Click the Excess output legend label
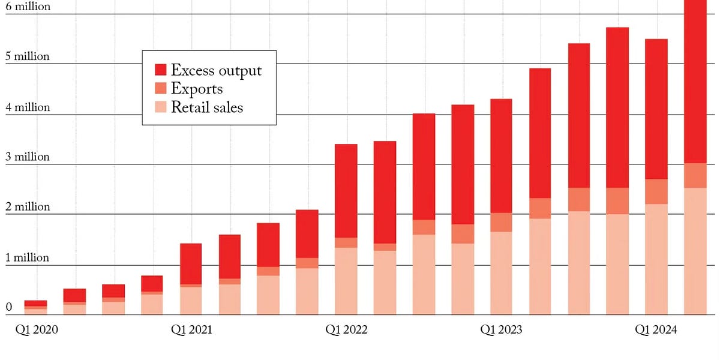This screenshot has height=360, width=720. coord(216,70)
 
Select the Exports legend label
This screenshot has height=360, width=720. coord(197,89)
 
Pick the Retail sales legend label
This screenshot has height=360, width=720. coord(207,107)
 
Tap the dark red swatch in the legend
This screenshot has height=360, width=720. coord(160,70)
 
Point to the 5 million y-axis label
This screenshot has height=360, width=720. coord(28,56)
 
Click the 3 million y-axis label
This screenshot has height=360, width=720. coord(28,157)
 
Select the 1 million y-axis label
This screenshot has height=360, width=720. coord(28,257)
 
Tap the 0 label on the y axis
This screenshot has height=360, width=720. coord(9,307)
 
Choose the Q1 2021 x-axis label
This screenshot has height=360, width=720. coord(191,329)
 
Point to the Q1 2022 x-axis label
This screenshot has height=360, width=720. coord(346,329)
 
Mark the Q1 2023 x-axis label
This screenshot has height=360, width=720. coord(501,329)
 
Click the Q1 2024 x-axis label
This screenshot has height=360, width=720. coord(656,329)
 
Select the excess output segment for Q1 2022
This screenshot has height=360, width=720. coord(346,191)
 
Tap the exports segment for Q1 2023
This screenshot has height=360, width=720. coord(501,222)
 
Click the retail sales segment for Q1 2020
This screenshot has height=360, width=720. coord(35,311)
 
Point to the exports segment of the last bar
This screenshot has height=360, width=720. coord(695,175)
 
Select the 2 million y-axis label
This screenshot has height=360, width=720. coord(28,206)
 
